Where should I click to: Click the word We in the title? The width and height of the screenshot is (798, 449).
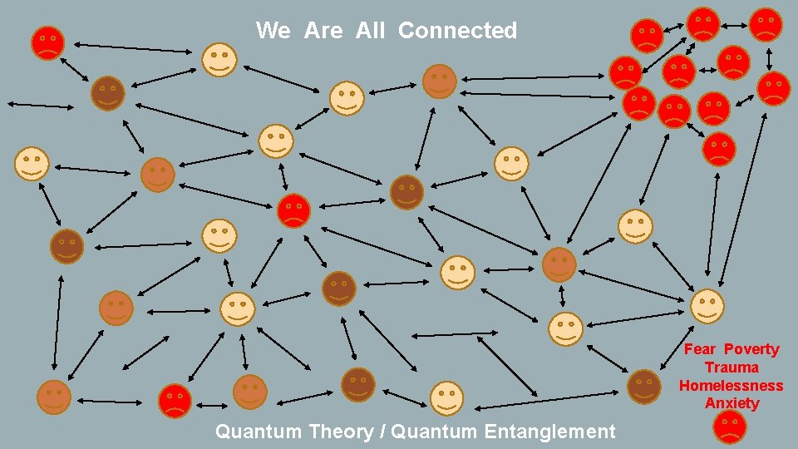273,31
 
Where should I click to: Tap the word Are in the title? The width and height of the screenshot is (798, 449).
323,31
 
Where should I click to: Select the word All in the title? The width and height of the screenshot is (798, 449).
370,31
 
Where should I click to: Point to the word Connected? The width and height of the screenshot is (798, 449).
457,31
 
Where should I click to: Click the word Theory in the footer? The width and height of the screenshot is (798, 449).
341,432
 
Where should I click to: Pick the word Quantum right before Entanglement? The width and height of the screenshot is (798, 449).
434,432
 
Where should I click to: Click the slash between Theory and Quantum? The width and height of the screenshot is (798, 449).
382,432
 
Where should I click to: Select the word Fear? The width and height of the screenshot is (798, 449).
699,349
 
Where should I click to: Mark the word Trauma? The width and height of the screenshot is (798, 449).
731,368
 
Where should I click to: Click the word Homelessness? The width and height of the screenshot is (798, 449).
731,385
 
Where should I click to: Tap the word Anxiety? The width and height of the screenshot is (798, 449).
731,403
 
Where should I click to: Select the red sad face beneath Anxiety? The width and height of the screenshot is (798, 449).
730,427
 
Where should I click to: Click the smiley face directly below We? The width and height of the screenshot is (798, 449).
219,60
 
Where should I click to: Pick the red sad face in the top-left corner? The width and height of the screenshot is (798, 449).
48,42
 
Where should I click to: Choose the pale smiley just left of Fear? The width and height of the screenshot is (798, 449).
707,306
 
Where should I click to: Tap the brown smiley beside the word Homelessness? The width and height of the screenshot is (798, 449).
643,387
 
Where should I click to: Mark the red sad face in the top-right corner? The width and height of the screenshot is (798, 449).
766,24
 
